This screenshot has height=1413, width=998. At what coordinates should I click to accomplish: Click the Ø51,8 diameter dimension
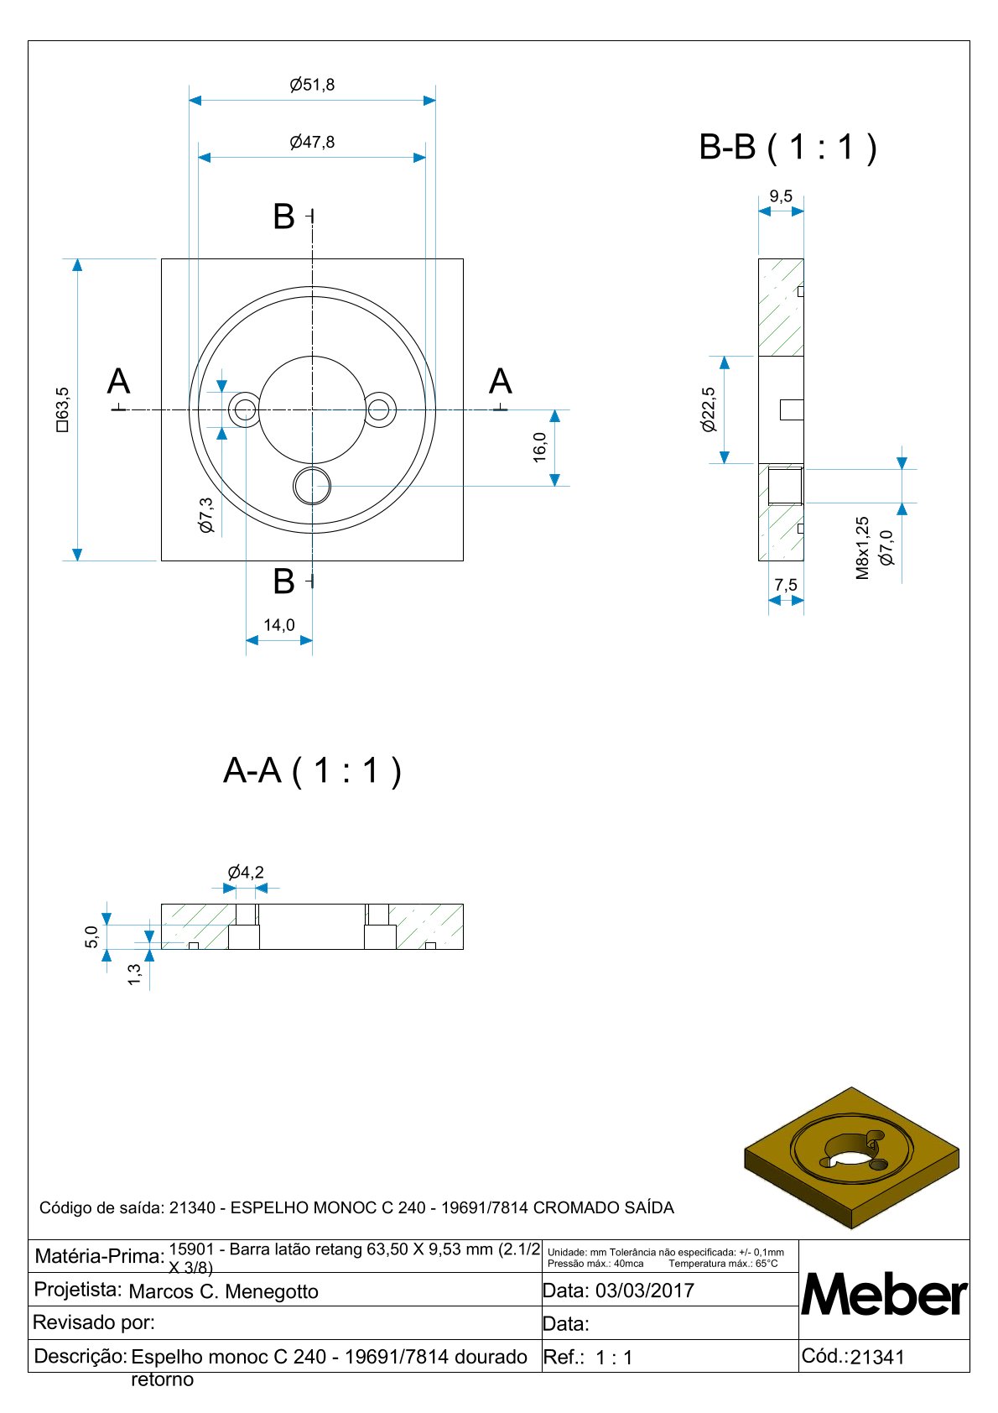pyautogui.click(x=312, y=85)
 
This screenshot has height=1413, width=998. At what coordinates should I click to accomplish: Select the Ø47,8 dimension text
pyautogui.click(x=312, y=143)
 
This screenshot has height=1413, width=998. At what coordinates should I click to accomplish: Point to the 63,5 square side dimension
pyautogui.click(x=62, y=409)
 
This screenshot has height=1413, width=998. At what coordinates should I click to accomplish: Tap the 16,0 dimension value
pyautogui.click(x=539, y=447)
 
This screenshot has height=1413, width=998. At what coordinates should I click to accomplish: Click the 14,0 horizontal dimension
pyautogui.click(x=279, y=625)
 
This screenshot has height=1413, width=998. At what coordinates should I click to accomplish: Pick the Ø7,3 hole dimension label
pyautogui.click(x=206, y=515)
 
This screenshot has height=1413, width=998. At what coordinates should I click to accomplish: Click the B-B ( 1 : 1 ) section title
pyautogui.click(x=788, y=148)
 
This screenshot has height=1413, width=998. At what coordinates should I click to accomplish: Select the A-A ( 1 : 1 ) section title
pyautogui.click(x=313, y=770)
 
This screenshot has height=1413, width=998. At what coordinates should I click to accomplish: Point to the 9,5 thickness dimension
pyautogui.click(x=781, y=196)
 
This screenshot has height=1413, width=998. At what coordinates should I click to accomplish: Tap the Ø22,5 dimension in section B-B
pyautogui.click(x=710, y=409)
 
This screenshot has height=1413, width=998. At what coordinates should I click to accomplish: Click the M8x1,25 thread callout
pyautogui.click(x=863, y=548)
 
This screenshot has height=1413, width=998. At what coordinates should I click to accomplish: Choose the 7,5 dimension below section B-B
pyautogui.click(x=786, y=586)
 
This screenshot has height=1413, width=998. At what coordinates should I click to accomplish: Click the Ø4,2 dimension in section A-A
pyautogui.click(x=246, y=873)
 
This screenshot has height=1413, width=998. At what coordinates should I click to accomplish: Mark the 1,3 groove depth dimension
pyautogui.click(x=134, y=974)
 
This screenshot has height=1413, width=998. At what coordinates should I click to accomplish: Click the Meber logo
pyautogui.click(x=885, y=1295)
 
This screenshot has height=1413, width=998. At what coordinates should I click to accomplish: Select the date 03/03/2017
pyautogui.click(x=645, y=1290)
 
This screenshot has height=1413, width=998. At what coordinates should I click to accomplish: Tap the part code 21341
pyautogui.click(x=877, y=1358)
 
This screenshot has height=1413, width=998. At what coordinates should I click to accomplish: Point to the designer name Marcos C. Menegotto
pyautogui.click(x=224, y=1291)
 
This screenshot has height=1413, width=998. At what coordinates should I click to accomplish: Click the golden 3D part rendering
pyautogui.click(x=852, y=1158)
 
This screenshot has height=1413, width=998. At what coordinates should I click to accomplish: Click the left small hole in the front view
pyautogui.click(x=245, y=410)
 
